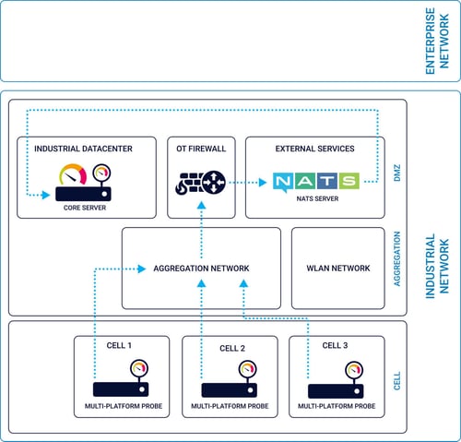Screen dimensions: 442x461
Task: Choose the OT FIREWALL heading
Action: point(201,149)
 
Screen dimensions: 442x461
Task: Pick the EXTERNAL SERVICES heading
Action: point(314,149)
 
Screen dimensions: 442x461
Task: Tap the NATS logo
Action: point(313,181)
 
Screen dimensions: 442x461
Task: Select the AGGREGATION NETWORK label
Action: point(201,269)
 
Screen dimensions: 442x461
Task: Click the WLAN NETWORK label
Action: point(337,269)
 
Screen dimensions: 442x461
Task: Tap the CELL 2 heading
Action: point(232,349)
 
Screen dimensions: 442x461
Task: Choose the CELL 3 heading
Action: point(337,346)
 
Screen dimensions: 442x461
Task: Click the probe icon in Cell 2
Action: point(230,384)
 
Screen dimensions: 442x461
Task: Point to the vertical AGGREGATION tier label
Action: point(397,268)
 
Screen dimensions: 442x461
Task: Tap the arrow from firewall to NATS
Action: point(242,182)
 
